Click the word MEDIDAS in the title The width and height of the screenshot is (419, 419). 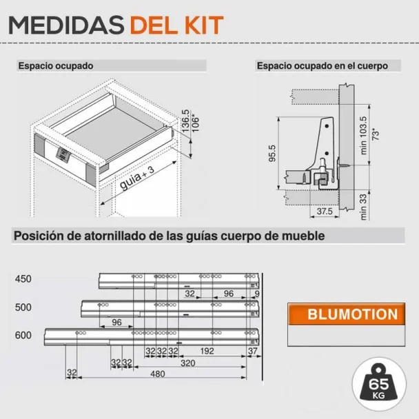pyautogui.click(x=66, y=25)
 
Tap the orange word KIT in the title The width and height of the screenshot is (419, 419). pyautogui.click(x=204, y=25)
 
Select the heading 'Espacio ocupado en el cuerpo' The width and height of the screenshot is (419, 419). pyautogui.click(x=323, y=65)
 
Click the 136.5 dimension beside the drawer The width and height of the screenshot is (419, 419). pyautogui.click(x=185, y=121)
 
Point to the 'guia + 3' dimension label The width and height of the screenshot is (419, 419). pyautogui.click(x=137, y=178)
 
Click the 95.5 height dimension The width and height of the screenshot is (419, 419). pyautogui.click(x=272, y=153)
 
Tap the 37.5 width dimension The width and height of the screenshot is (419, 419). pyautogui.click(x=325, y=211)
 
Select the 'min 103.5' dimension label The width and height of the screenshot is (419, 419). pyautogui.click(x=363, y=135)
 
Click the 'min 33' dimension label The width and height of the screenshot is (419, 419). pyautogui.click(x=363, y=207)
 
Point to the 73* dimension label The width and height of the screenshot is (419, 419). pyautogui.click(x=376, y=134)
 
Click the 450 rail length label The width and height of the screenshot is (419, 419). pyautogui.click(x=23, y=278)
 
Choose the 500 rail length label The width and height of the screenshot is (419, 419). pyautogui.click(x=23, y=307)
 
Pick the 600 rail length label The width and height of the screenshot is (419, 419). pyautogui.click(x=23, y=335)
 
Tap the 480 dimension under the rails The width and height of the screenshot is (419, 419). pyautogui.click(x=157, y=374)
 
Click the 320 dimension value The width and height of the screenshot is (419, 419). pyautogui.click(x=187, y=363)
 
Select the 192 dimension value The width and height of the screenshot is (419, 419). pyautogui.click(x=207, y=351)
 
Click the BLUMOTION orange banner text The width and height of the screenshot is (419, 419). pyautogui.click(x=352, y=314)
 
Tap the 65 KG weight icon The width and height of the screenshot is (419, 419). pyautogui.click(x=379, y=384)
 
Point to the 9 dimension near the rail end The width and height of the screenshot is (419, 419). pyautogui.click(x=257, y=294)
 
